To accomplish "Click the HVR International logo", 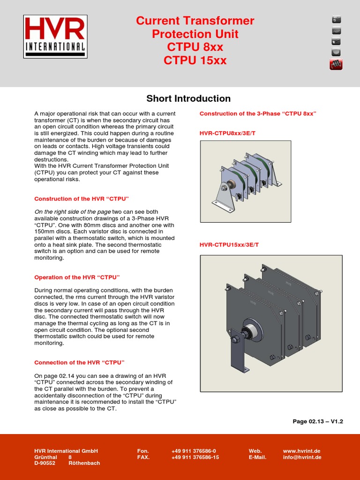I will [55, 37].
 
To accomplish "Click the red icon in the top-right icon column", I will [336, 65].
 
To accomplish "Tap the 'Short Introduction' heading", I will [188, 98].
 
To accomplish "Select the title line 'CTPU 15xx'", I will [195, 60].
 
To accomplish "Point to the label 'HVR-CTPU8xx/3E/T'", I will [227, 134].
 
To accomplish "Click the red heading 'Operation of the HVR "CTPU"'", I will [77, 277].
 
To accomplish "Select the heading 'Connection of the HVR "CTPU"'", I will [79, 363].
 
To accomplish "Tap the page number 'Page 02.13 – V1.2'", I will [318, 421].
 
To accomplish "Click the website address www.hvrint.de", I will [302, 451].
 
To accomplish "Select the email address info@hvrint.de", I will [302, 457].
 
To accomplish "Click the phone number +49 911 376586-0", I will [194, 451].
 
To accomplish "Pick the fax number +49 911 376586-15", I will [195, 457].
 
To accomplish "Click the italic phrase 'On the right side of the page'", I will [72, 212].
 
